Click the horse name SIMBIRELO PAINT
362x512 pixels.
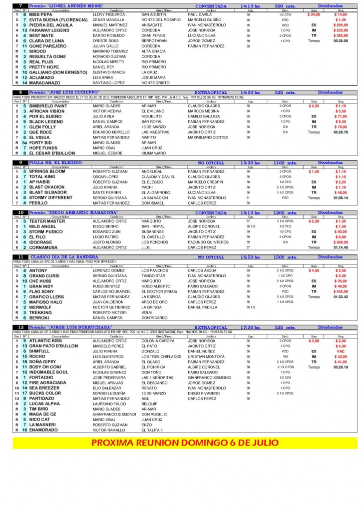pyautogui.click(x=48, y=106)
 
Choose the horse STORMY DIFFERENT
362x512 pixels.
pyautogui.click(x=51, y=198)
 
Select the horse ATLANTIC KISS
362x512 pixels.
pyautogui.click(x=46, y=340)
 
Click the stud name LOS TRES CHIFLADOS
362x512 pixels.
pyautogui.click(x=161, y=356)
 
